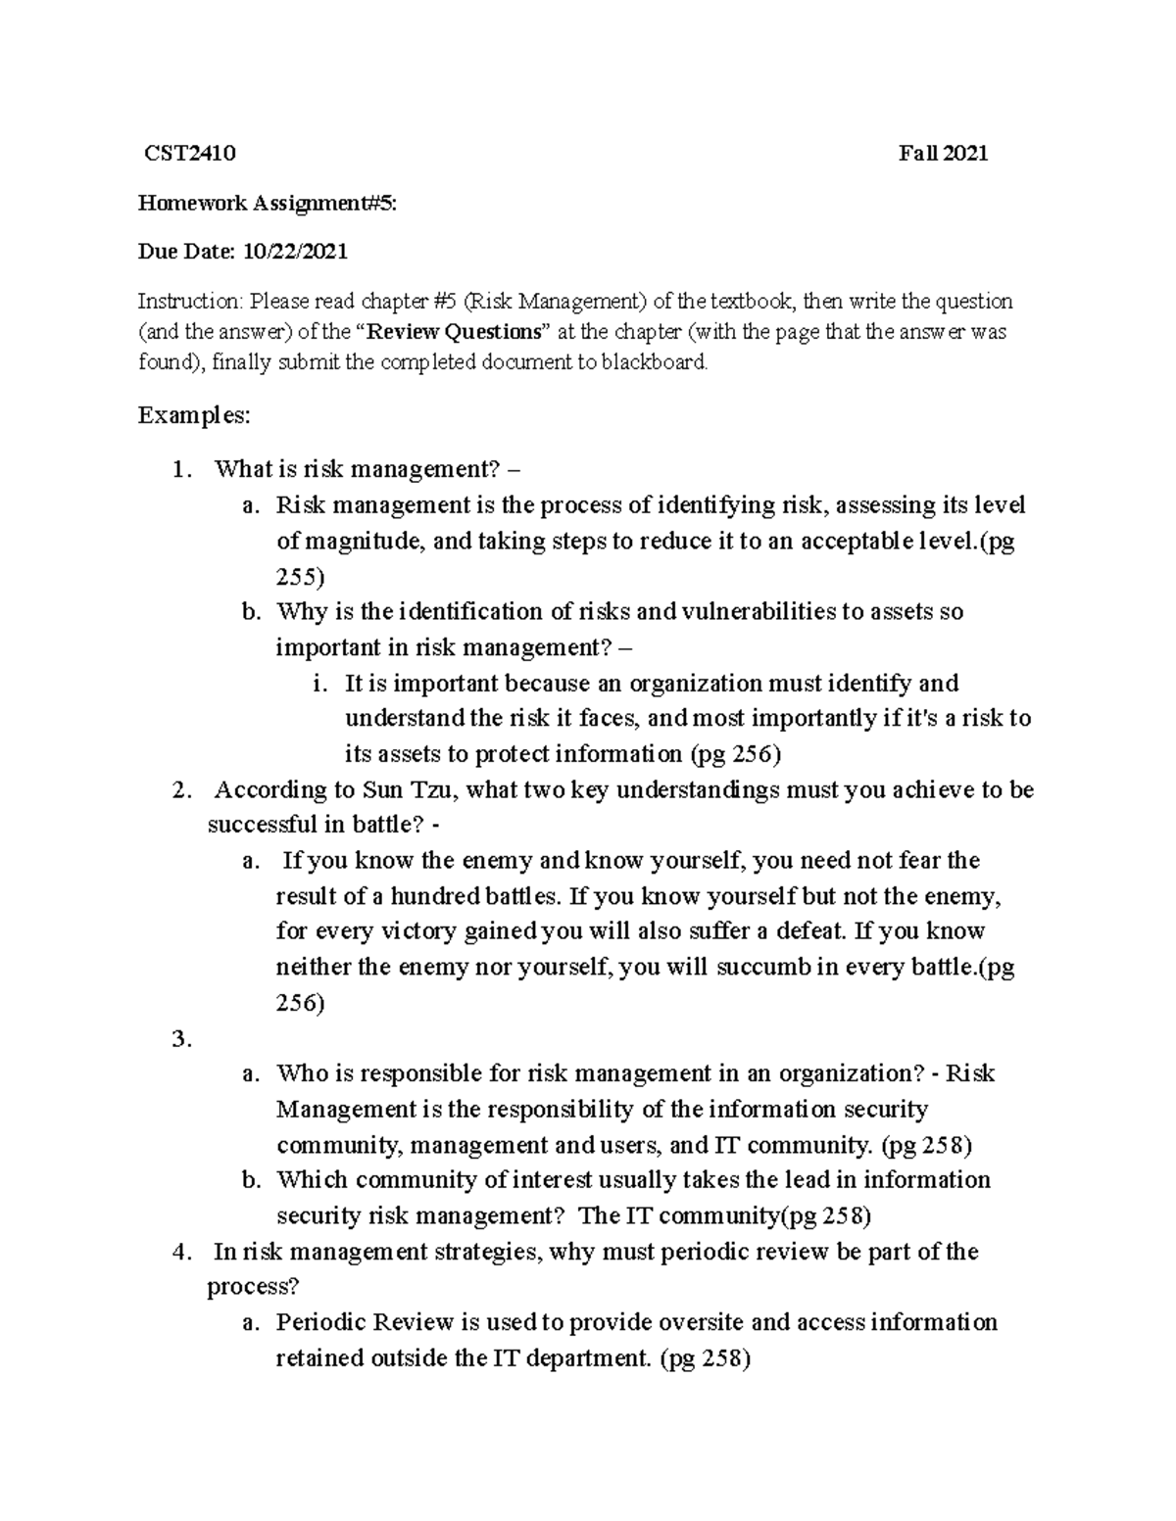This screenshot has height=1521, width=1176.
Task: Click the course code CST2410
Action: click(189, 153)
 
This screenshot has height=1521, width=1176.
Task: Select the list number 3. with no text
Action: click(180, 1040)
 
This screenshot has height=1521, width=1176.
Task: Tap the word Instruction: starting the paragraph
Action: click(189, 301)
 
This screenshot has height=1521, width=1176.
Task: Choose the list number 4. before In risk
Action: click(180, 1252)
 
